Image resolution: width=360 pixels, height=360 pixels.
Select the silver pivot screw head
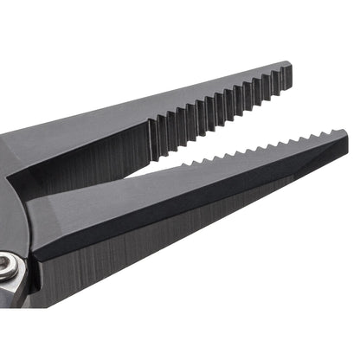(7, 267)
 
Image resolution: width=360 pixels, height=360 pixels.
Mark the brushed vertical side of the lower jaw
(173, 260)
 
